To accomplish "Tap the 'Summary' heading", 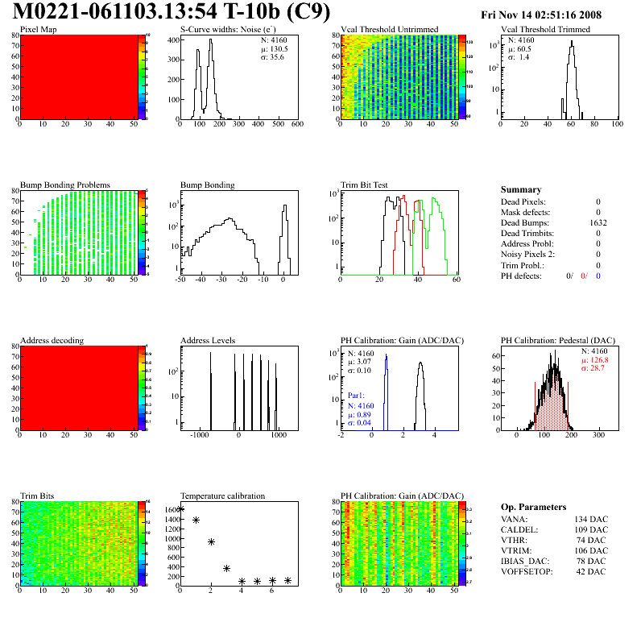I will coord(521,189).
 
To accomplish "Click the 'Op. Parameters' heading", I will coord(533,507).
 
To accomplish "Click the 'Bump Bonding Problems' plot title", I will coord(65,185).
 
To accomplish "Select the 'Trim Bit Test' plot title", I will coord(364,185).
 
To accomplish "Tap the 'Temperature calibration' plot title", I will coord(222,496).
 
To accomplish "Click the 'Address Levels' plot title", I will coord(208,341).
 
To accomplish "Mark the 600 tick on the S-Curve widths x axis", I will coord(296,125).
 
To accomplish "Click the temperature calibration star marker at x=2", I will coord(211,541).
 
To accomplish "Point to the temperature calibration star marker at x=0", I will coord(180,509).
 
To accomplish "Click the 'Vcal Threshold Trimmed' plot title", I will coord(545,30).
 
